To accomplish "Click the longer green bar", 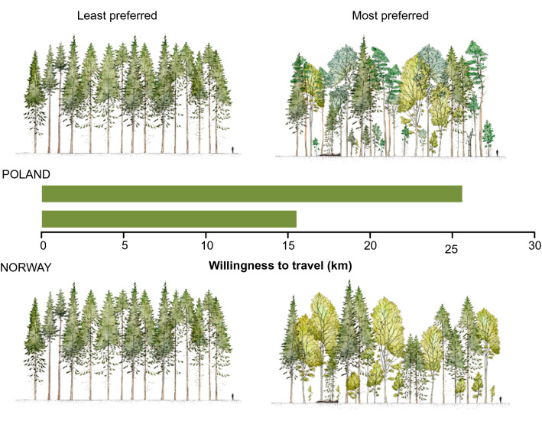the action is click(252, 194).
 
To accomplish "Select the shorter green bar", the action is click(168, 219).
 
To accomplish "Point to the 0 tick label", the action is click(43, 246).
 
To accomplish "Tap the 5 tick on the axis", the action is click(124, 246).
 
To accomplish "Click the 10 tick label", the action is click(206, 246).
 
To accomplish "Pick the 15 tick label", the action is click(288, 246).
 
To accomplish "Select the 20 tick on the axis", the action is click(370, 246).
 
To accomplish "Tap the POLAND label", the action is click(25, 174).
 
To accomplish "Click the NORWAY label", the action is click(26, 268).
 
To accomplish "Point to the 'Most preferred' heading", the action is click(391, 15).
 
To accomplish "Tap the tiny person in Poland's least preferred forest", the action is click(234, 147).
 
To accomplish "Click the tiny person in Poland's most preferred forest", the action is click(499, 152).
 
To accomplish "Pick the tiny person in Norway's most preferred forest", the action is click(501, 398).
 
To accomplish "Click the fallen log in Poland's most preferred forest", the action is click(330, 154).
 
